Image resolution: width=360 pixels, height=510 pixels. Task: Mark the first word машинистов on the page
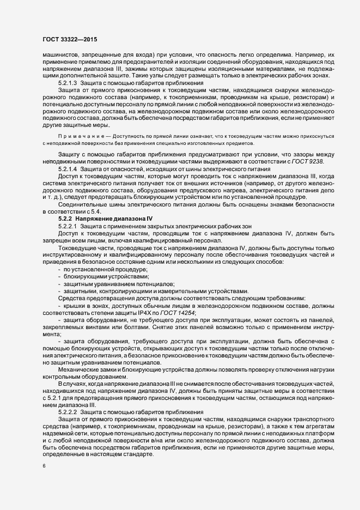pyautogui.click(x=61, y=55)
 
